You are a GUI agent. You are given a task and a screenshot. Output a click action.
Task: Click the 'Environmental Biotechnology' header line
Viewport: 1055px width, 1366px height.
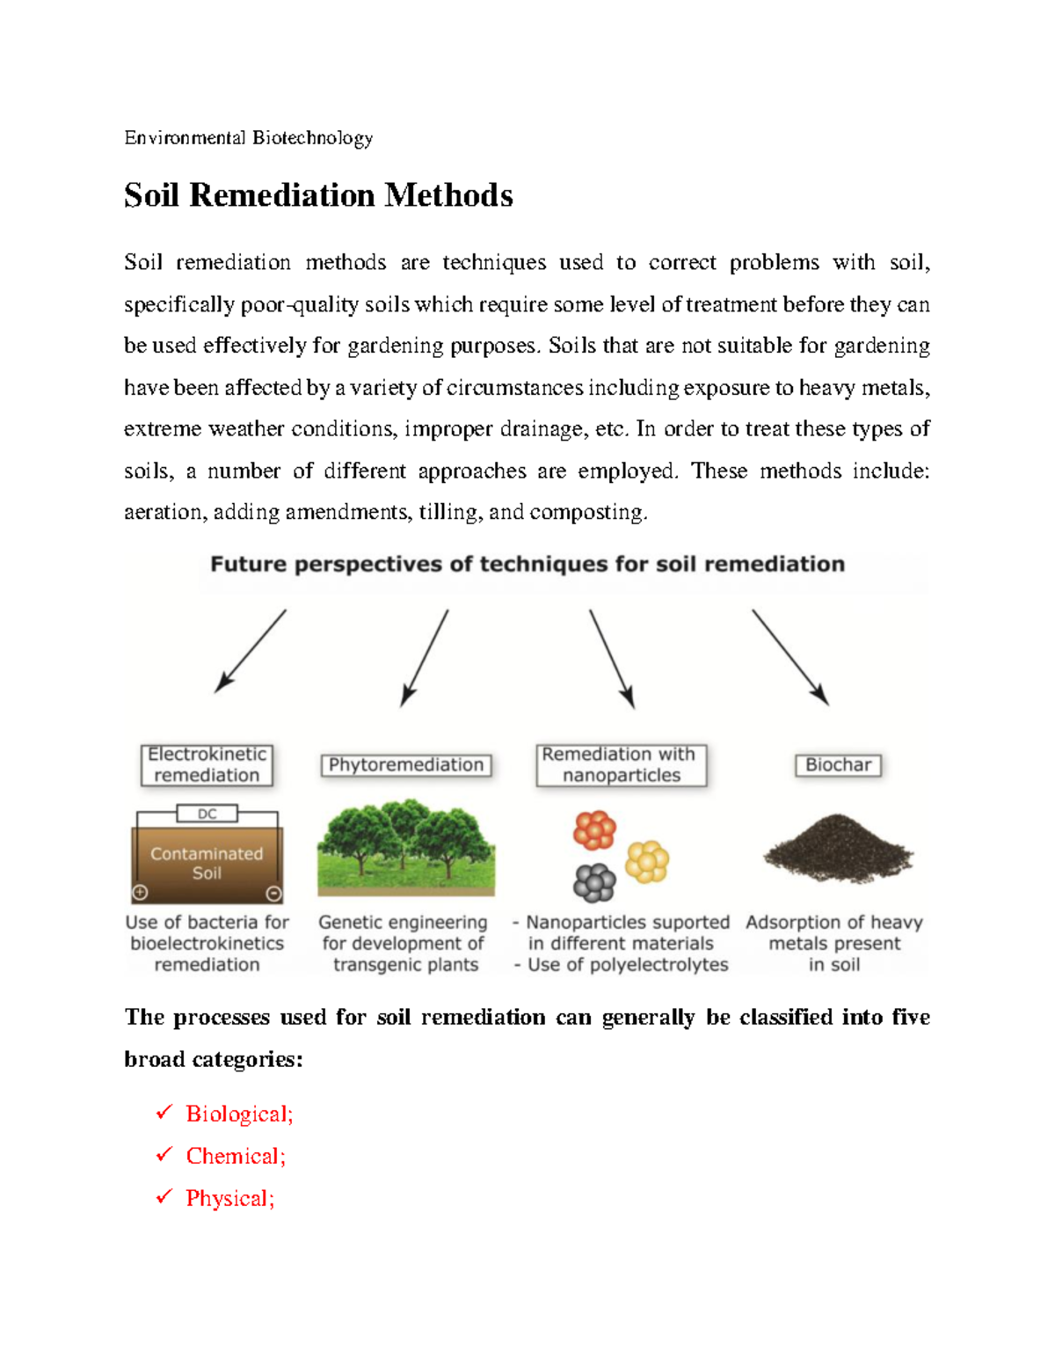[249, 138]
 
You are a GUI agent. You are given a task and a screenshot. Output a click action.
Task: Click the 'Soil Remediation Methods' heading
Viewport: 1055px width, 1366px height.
[318, 195]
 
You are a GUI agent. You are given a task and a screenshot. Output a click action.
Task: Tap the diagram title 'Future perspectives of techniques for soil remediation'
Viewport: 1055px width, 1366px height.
[527, 564]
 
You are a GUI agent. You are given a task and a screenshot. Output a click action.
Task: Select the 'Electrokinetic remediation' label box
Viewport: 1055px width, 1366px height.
[207, 764]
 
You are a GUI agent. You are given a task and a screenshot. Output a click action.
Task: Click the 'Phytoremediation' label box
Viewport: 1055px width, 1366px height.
[405, 765]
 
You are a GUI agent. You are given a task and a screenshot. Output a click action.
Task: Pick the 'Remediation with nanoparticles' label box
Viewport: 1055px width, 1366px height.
[621, 764]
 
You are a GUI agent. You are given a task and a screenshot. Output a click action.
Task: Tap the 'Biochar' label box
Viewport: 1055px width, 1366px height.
[838, 765]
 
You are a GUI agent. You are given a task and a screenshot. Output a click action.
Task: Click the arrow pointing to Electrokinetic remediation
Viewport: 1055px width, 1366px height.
[250, 651]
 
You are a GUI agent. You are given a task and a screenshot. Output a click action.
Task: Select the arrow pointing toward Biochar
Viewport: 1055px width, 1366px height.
[790, 657]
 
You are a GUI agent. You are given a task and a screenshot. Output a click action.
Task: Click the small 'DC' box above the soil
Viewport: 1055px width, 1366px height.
[207, 814]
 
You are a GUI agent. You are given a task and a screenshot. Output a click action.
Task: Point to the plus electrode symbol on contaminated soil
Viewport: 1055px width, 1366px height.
[140, 893]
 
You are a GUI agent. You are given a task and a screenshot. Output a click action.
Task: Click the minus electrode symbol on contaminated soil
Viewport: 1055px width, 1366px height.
[273, 894]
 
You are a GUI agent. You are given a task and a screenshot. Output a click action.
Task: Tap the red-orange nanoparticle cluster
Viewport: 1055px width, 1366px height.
[594, 829]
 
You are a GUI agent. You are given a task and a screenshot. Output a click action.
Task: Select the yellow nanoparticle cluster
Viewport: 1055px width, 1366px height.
[647, 861]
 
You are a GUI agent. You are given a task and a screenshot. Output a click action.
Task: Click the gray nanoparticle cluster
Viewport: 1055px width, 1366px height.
[594, 882]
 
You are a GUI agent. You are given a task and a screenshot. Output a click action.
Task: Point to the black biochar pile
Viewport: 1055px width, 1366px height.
[837, 849]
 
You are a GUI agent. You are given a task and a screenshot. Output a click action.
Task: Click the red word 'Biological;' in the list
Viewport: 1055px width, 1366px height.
[239, 1114]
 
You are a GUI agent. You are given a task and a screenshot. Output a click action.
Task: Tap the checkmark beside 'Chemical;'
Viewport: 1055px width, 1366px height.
[164, 1155]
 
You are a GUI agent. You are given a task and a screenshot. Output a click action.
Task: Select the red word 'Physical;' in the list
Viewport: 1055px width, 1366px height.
[230, 1199]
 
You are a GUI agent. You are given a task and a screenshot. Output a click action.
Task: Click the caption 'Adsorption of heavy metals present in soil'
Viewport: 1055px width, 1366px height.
[834, 944]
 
